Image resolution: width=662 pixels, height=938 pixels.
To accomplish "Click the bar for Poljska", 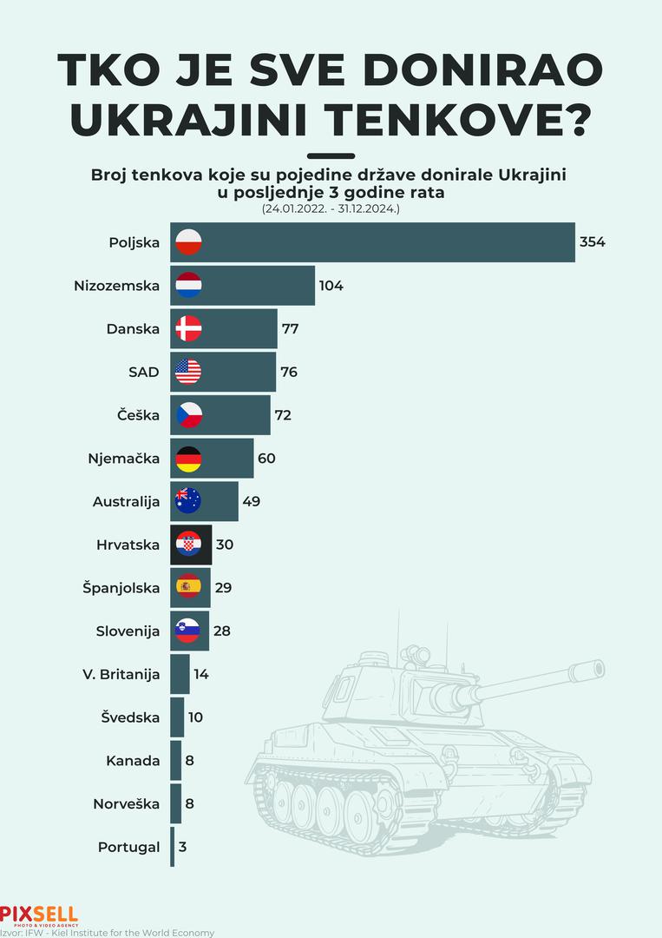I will click(373, 242).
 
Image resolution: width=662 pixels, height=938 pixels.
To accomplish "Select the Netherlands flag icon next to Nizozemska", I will click(188, 285).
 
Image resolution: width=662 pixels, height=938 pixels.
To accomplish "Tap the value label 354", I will click(592, 242).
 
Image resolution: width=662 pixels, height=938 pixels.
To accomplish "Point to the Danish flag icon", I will click(188, 328).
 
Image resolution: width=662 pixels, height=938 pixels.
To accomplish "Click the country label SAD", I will click(143, 372).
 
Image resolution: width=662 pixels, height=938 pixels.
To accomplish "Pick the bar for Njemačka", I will click(213, 458).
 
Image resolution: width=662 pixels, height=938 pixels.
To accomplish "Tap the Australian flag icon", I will click(188, 501).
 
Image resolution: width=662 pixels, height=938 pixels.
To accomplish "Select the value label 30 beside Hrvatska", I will click(225, 545).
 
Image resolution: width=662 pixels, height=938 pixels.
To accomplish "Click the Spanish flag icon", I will click(188, 587).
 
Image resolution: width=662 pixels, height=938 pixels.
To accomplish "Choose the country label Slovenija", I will click(128, 631).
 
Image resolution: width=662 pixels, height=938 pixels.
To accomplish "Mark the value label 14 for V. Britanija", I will click(201, 674).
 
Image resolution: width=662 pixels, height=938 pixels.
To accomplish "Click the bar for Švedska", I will click(177, 717).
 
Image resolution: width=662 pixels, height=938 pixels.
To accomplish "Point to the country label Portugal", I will click(128, 847).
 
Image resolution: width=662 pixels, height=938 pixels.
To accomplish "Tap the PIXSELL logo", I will click(39, 915).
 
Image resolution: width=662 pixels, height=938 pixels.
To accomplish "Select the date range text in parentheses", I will click(331, 209).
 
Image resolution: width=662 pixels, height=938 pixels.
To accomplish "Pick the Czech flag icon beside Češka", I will click(188, 415).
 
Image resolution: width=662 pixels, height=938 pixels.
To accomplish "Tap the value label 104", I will click(331, 285).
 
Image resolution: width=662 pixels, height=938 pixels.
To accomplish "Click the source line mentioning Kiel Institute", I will click(107, 933).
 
